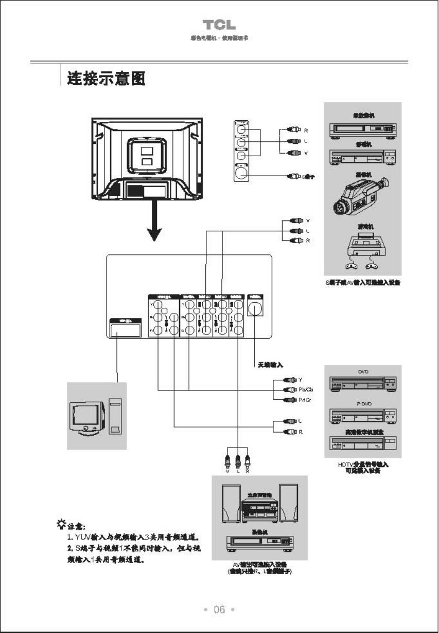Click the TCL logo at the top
(x=219, y=25)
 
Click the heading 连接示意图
(x=106, y=79)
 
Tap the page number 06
(x=219, y=610)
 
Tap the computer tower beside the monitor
(x=115, y=416)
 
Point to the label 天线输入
(x=271, y=365)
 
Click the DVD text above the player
(x=363, y=371)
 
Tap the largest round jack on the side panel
(x=240, y=173)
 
